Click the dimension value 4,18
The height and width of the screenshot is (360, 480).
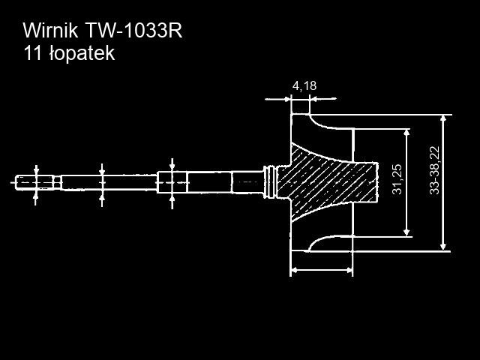point(304,85)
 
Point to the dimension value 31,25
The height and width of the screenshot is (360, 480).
point(397,180)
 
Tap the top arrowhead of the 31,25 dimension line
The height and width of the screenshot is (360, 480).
point(406,133)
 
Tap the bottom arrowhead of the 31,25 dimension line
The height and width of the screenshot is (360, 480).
point(406,230)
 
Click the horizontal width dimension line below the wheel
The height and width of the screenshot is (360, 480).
point(321,269)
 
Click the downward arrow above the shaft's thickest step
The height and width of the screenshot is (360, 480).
point(172,165)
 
